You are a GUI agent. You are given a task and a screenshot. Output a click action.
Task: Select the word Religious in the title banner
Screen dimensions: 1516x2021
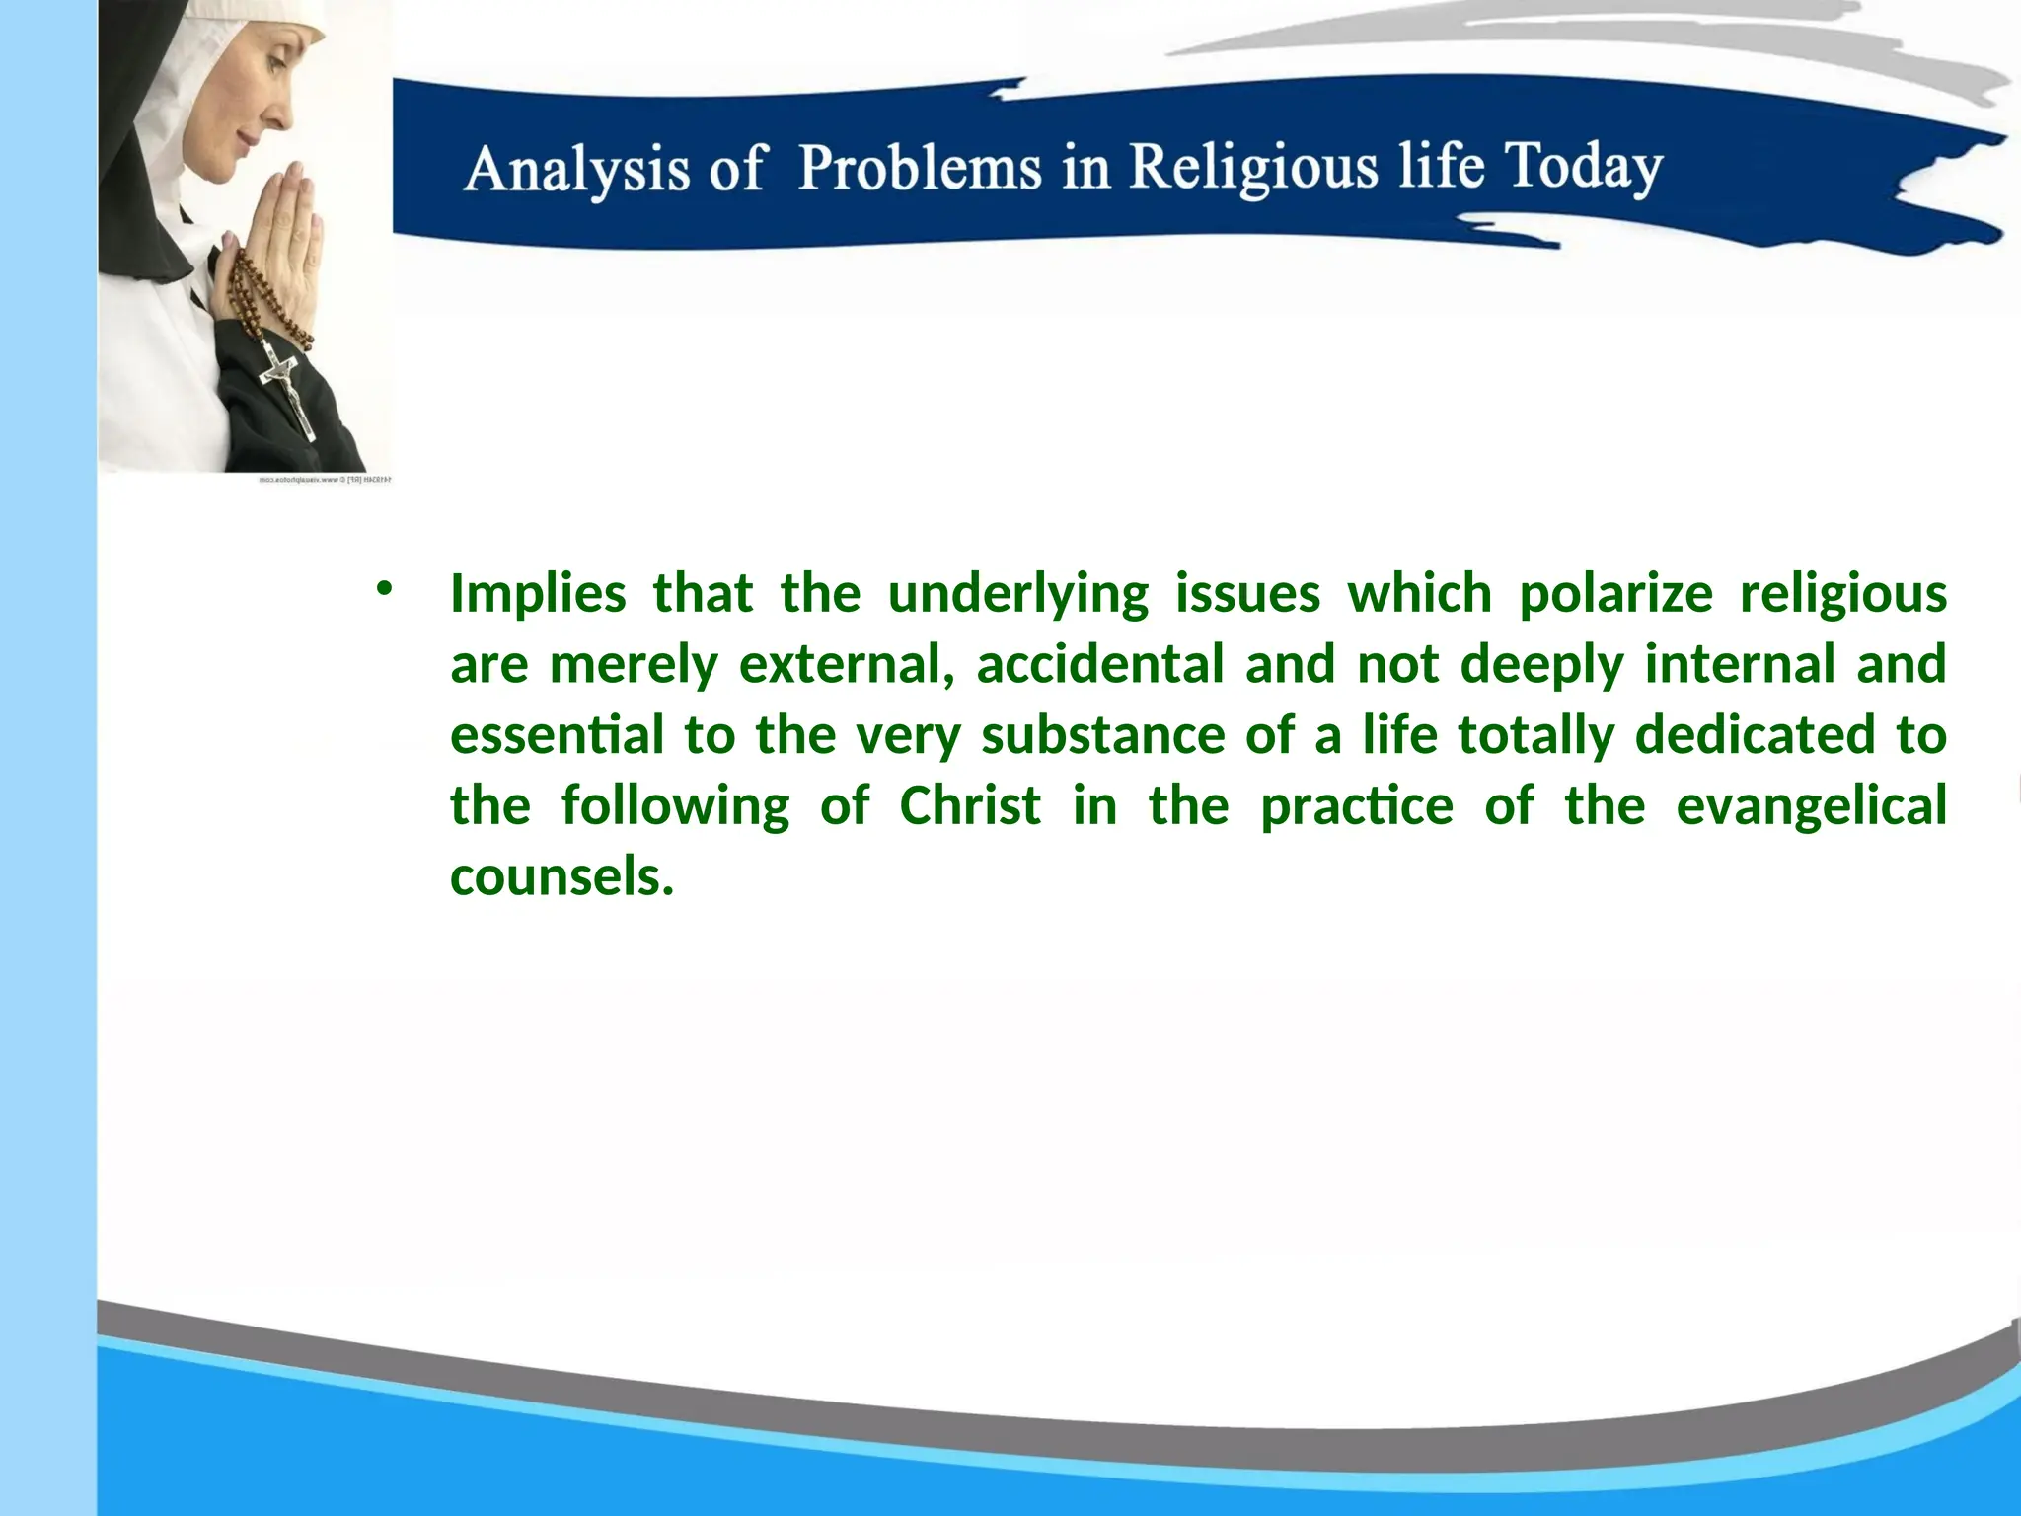point(1253,166)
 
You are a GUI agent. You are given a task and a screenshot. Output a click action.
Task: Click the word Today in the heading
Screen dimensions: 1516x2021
point(1583,166)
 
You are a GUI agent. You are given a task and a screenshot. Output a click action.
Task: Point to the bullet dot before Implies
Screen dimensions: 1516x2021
point(383,590)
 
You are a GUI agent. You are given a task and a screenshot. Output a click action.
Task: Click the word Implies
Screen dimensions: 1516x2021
point(538,594)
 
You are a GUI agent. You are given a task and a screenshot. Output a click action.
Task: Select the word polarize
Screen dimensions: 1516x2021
point(1615,594)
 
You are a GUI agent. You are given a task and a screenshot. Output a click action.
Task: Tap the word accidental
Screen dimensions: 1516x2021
point(1099,664)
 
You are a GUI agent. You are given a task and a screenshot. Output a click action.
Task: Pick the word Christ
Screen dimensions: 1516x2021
point(970,805)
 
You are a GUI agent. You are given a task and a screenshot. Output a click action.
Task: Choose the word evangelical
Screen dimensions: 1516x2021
point(1811,805)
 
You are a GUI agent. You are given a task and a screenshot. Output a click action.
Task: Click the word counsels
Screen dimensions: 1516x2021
point(561,876)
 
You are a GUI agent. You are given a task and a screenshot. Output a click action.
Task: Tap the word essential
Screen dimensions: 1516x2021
point(557,735)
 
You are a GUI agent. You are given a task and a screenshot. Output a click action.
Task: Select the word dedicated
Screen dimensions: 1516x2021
point(1754,735)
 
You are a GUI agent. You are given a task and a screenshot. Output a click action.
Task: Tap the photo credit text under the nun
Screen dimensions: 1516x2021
point(326,481)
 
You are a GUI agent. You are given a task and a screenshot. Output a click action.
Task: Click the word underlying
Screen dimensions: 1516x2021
point(1017,594)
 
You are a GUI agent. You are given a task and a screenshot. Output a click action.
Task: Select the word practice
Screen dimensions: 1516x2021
point(1357,805)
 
